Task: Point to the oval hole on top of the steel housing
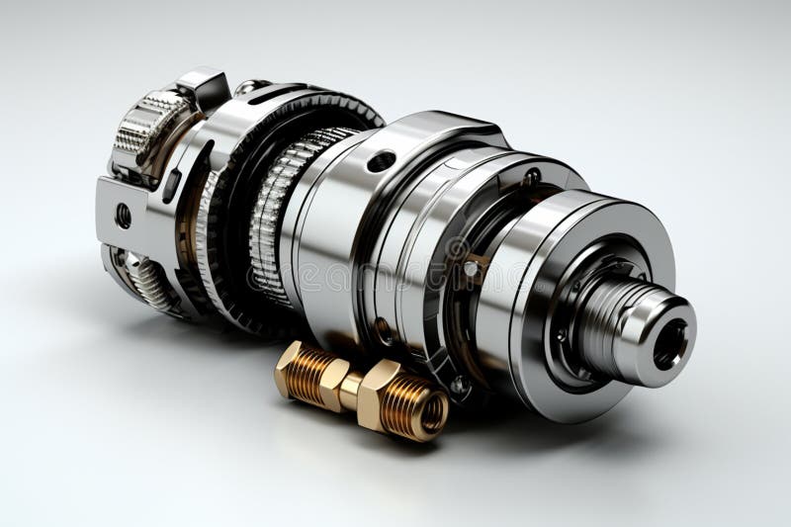(x=381, y=161)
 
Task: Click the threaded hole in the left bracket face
(x=124, y=216)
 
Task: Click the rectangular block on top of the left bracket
(x=206, y=87)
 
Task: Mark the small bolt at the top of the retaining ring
(x=531, y=178)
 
